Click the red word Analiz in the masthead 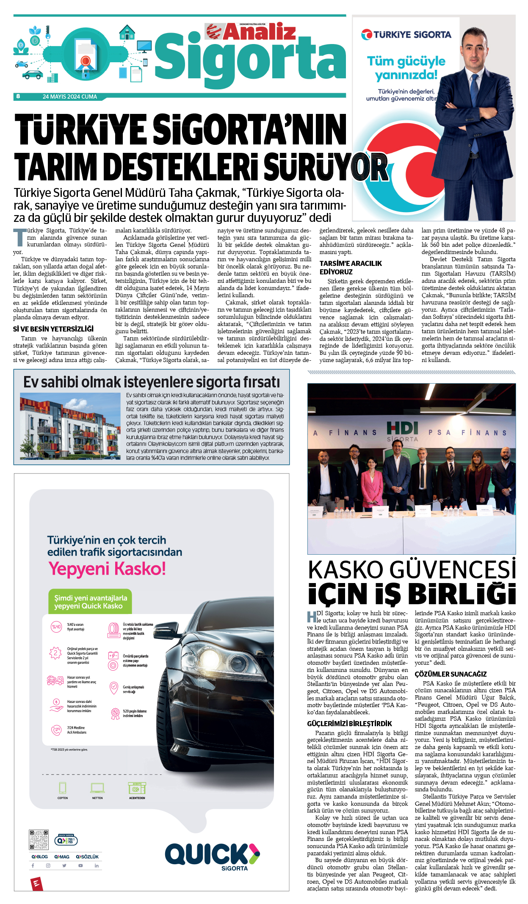click(259, 32)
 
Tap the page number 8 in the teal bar click(18, 97)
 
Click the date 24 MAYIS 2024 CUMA click(70, 97)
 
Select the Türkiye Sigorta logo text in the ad click(406, 35)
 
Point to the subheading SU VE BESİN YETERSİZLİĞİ click(53, 329)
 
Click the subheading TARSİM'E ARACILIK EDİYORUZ click(351, 267)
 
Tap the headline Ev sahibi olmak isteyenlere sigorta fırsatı click(152, 382)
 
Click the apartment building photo click(70, 426)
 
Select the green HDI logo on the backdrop click(402, 428)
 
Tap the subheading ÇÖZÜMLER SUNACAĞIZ click(451, 674)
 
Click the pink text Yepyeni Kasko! click(107, 569)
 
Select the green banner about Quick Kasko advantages click(90, 602)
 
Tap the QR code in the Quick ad click(39, 840)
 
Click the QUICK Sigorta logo click(212, 855)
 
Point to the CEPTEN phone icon click(63, 788)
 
